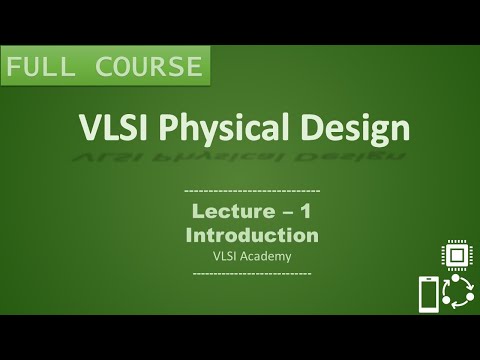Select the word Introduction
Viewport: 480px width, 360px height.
252,235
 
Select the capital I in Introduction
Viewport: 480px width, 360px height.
189,235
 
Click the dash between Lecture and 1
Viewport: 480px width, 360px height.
289,213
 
